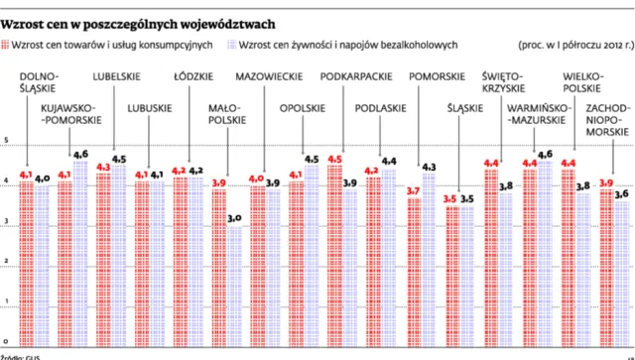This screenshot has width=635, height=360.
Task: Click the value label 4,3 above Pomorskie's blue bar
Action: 429,167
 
